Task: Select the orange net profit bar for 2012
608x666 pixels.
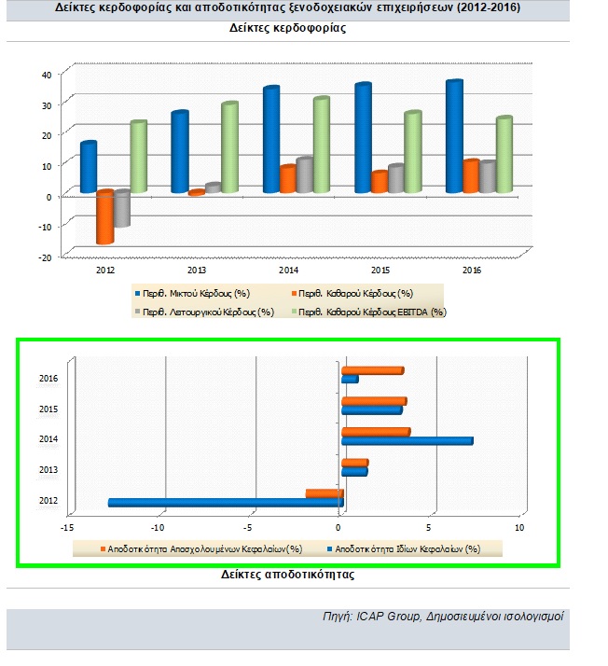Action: [x=104, y=216]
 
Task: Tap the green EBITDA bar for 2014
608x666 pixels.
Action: [x=321, y=145]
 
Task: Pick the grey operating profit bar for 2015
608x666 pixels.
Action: [x=395, y=178]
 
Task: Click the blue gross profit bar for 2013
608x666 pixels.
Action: [x=179, y=152]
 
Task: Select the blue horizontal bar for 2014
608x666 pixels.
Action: [x=407, y=440]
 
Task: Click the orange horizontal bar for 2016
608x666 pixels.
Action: [x=372, y=370]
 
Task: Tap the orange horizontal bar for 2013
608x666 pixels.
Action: [x=354, y=463]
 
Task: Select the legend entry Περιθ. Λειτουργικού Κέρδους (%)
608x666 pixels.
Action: [x=202, y=312]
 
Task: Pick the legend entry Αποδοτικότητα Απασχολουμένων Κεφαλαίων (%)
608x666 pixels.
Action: [x=200, y=548]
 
